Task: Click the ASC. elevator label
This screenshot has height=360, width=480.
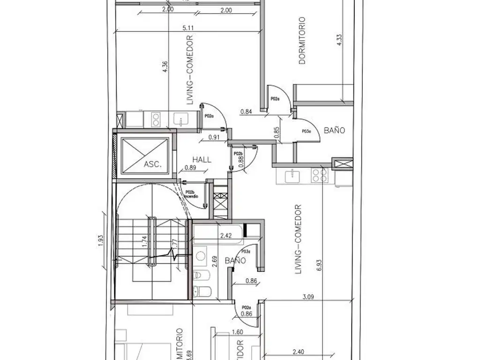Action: coord(152,165)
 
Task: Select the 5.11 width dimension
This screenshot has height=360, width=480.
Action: coord(189,28)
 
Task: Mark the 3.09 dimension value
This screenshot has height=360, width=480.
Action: coord(308,296)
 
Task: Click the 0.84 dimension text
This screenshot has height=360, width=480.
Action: coord(246,112)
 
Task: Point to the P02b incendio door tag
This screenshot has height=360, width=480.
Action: coord(190,195)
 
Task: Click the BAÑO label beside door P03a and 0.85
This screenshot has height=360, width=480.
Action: coord(333,130)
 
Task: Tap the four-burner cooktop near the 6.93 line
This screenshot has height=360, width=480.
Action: coord(320,175)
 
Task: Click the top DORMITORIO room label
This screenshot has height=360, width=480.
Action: coord(302,41)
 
